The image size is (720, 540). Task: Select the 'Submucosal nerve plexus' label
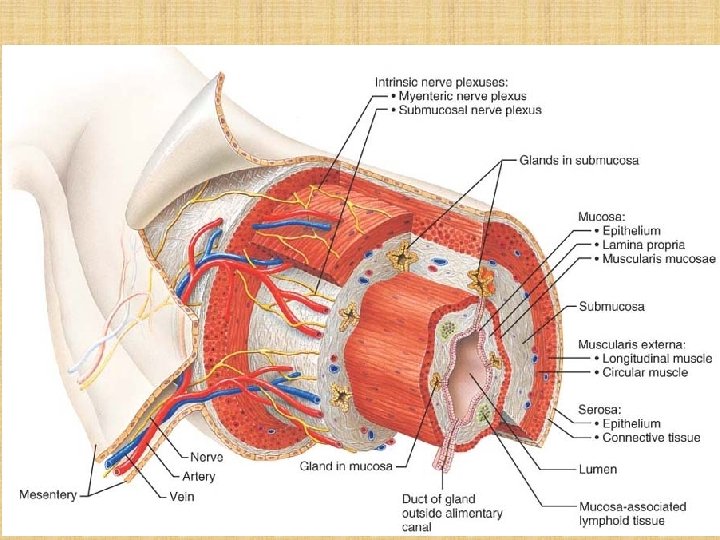470,109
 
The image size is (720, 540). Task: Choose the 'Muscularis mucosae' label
650,259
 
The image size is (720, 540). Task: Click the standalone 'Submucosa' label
613,306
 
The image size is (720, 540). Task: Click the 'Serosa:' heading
600,409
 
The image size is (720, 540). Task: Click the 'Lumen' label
597,468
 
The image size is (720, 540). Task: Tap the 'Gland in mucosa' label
346,465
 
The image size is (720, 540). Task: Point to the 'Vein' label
180,495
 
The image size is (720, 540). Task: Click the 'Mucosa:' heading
603,215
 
